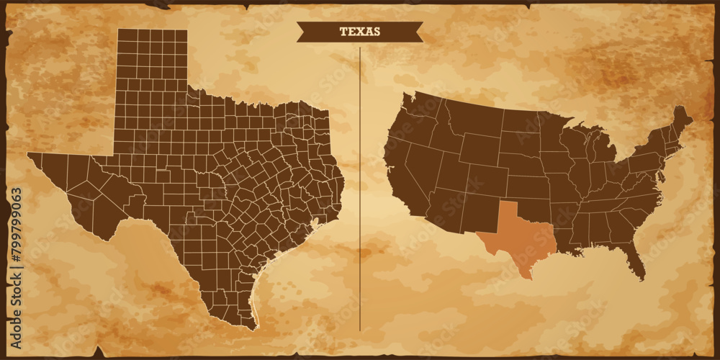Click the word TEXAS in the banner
point(360,32)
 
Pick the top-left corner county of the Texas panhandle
point(124,35)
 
